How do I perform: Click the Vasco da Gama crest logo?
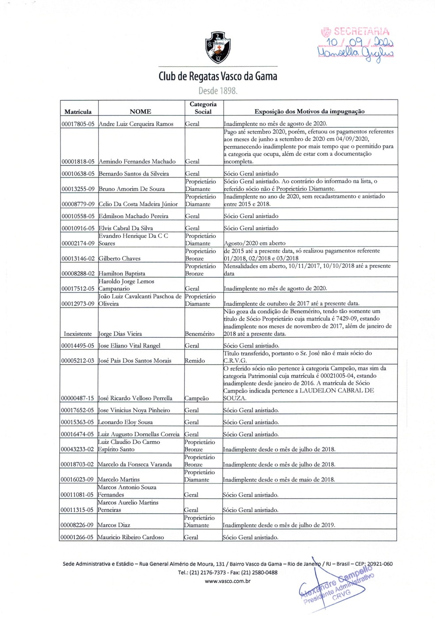coord(217,48)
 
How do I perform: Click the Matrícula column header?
coord(78,112)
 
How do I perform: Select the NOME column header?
coord(141,112)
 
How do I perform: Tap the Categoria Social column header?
coord(203,108)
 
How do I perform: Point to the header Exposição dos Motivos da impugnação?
coord(309,112)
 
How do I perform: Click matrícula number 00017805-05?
coord(78,124)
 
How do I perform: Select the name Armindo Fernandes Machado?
coord(137,162)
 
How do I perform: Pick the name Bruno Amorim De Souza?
coord(131,189)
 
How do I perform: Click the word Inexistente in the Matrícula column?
coord(78,334)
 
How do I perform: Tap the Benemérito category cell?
coord(199,334)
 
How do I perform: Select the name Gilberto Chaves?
coord(119,259)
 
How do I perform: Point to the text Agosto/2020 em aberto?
coord(255,244)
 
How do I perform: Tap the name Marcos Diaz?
coord(113,526)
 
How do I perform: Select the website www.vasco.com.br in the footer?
coord(228,581)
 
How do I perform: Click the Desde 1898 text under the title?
coord(217,92)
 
